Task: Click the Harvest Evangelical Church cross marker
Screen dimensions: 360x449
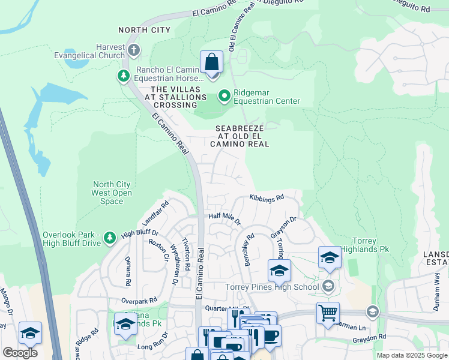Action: tap(133, 49)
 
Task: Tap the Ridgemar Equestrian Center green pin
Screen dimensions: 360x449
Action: tap(224, 95)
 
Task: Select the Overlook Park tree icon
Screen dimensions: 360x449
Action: tap(109, 238)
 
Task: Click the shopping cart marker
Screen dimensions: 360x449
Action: tap(328, 312)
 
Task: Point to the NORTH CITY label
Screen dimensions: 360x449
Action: tap(144, 30)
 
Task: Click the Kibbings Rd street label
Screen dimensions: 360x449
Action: tap(266, 197)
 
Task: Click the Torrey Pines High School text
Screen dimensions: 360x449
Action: tap(272, 287)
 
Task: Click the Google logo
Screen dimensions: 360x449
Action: tap(20, 353)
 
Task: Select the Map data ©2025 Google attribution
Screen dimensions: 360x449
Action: tap(412, 355)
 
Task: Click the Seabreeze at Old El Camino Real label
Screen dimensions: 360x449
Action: tap(239, 136)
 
